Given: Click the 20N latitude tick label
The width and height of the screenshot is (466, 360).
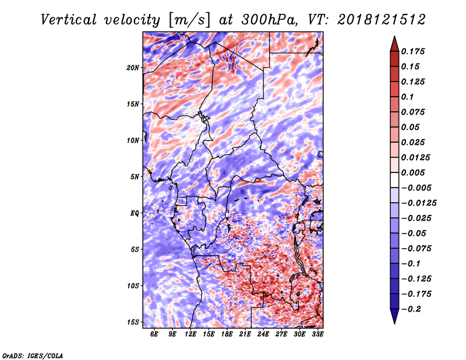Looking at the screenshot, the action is tap(133, 68).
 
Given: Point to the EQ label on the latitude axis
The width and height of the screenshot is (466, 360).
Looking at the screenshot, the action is tap(135, 213).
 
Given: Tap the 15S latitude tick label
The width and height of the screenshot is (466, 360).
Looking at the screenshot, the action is tap(133, 322).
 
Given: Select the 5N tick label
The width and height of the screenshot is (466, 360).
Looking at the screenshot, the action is tap(135, 177).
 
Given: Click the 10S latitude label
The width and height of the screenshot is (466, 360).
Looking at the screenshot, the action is tap(133, 286).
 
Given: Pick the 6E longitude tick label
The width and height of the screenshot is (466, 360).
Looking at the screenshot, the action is tap(154, 334).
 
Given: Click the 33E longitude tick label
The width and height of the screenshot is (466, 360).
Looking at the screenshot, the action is tap(317, 334).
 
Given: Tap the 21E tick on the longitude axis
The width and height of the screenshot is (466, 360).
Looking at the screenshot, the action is tap(245, 334).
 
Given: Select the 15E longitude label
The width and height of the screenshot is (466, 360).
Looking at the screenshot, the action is tap(209, 334).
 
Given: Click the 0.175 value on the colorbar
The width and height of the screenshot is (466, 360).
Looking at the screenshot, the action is tap(413, 51).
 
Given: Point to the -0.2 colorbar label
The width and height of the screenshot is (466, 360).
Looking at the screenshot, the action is tap(411, 309).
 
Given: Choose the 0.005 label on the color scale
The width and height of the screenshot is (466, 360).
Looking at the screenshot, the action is tap(413, 172).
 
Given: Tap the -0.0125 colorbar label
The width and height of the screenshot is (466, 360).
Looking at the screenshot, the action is tap(419, 203).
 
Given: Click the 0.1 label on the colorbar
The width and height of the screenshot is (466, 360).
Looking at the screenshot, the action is tap(407, 97).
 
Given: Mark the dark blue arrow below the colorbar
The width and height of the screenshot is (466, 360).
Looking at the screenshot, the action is tap(394, 316).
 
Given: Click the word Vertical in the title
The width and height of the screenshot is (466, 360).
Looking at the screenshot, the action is tap(69, 20).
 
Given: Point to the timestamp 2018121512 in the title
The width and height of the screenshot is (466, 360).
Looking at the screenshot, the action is tap(382, 20).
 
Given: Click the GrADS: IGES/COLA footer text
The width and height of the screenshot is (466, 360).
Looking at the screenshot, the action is tap(33, 355).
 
